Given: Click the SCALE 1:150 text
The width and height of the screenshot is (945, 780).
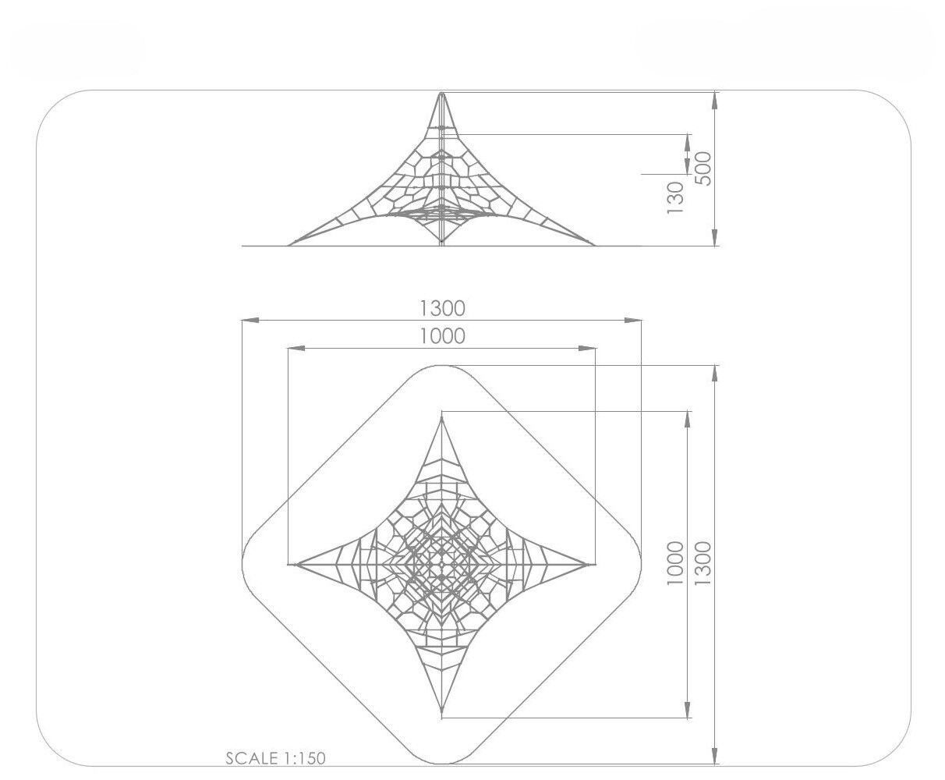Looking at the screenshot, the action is coord(275,758).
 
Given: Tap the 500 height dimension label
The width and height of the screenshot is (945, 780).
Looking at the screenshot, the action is coord(703,168).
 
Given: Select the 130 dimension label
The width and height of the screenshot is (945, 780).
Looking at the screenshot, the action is coord(674,198).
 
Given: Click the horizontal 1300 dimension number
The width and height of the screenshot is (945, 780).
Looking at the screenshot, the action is coord(442,308).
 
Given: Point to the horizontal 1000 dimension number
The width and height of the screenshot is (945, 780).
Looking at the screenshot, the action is coord(442,336).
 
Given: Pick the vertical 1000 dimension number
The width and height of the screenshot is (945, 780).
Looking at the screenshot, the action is coord(674,562).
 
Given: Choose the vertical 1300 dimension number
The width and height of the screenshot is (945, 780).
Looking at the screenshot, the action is coord(703,562).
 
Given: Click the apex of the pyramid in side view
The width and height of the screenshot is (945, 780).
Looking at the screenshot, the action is coord(442,93).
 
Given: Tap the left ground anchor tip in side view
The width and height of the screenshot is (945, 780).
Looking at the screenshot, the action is coord(288,246).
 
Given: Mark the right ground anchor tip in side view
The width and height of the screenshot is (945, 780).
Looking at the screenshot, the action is coord(596,246).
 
